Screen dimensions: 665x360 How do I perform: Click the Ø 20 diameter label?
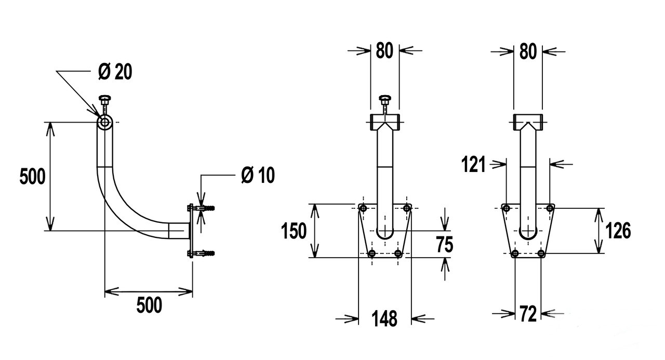pyautogui.click(x=115, y=72)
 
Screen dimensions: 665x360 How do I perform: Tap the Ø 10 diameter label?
pyautogui.click(x=258, y=175)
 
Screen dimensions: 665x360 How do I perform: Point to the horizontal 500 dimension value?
pyautogui.click(x=149, y=305)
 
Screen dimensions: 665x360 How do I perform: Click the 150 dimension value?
pyautogui.click(x=294, y=231)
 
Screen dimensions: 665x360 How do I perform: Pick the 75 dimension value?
pyautogui.click(x=444, y=244)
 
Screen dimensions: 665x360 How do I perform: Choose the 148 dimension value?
pyautogui.click(x=384, y=319)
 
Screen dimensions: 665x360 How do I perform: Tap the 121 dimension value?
pyautogui.click(x=473, y=164)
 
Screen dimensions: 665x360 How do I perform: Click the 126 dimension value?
pyautogui.click(x=618, y=231)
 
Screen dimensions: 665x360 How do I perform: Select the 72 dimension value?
pyautogui.click(x=528, y=314)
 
